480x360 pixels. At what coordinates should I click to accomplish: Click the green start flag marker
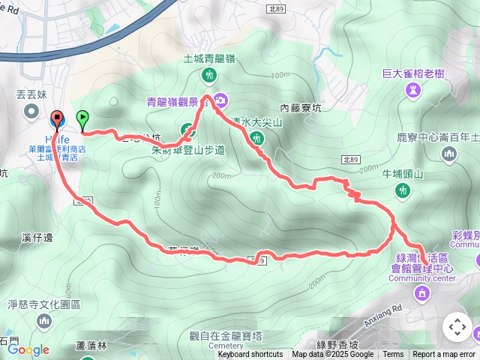(x=82, y=118)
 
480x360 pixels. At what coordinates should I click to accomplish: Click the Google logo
(x=28, y=349)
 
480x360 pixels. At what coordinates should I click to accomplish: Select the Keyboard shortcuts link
(x=250, y=355)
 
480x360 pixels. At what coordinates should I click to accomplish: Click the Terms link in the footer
(x=393, y=355)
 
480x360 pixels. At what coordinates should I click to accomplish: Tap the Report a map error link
(x=444, y=355)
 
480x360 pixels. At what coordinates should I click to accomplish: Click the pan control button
(x=457, y=328)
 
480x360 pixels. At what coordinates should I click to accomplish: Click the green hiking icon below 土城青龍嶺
(x=209, y=75)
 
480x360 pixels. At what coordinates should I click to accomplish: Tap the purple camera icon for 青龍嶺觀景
(x=221, y=99)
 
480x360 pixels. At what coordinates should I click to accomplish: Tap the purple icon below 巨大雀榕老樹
(x=413, y=91)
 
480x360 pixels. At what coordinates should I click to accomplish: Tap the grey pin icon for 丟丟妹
(x=31, y=112)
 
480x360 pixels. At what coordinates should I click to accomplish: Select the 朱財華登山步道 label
(x=183, y=149)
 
